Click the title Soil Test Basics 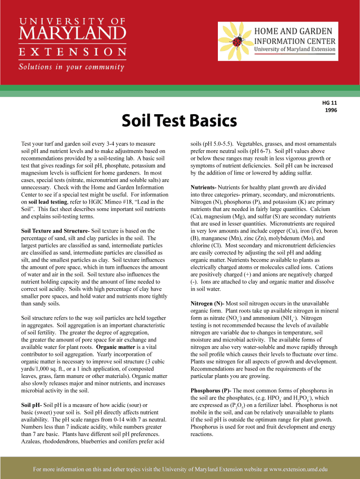pyautogui.click(x=179, y=121)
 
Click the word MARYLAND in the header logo pyautogui.click(x=72, y=34)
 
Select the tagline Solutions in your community pyautogui.click(x=71, y=66)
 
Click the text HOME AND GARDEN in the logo pyautogui.click(x=293, y=31)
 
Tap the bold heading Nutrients pyautogui.click(x=208, y=187)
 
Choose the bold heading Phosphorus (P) pyautogui.click(x=215, y=390)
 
